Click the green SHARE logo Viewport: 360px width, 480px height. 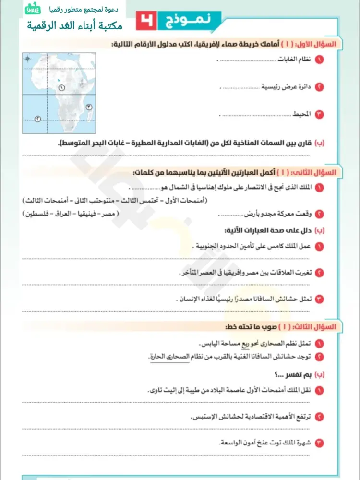click(33, 11)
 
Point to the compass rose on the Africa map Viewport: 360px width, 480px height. click(28, 59)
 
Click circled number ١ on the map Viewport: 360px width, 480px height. click(61, 87)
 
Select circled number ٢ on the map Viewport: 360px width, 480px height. click(38, 118)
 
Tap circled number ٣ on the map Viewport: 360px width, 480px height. click(89, 107)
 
